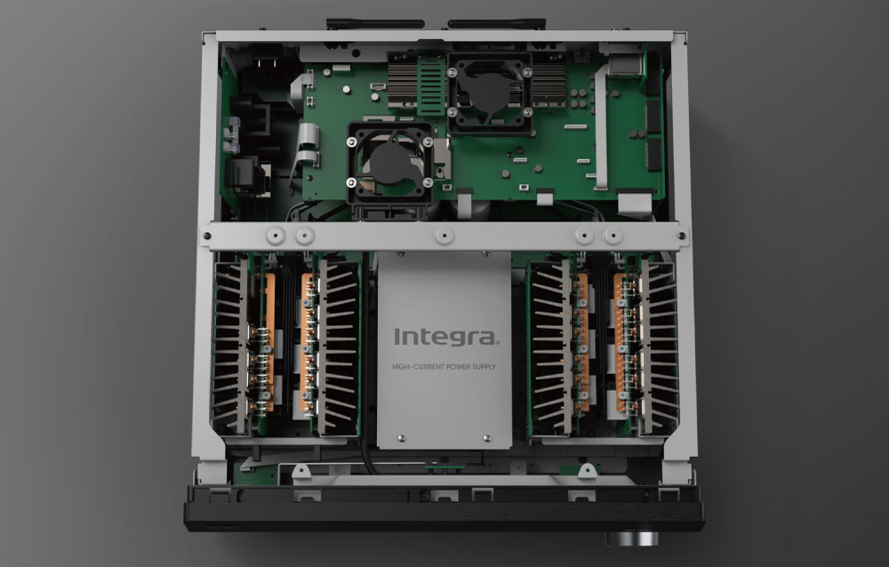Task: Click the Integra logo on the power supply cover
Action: coord(446,337)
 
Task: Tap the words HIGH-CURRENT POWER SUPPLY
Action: coord(444,367)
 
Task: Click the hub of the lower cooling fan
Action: coord(390,163)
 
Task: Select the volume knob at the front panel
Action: coord(631,538)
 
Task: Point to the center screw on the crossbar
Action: coord(444,236)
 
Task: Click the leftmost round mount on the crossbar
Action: coord(276,235)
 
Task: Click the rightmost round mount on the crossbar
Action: coord(613,235)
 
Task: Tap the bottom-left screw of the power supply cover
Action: coord(402,438)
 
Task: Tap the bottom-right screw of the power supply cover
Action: coord(486,438)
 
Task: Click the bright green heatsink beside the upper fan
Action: coord(431,85)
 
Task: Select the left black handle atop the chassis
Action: coord(375,24)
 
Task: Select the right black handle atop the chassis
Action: coord(497,24)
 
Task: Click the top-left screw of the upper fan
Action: coord(453,72)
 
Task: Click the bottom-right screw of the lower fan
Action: coord(428,182)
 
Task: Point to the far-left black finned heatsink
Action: coord(229,346)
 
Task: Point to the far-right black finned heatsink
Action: coord(660,346)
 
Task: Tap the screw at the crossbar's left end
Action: coord(207,236)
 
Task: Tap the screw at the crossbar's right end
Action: coord(682,236)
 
